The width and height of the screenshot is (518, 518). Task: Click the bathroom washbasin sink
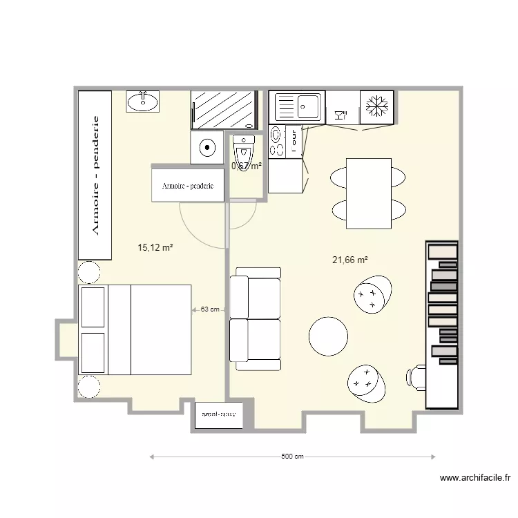pos(143,102)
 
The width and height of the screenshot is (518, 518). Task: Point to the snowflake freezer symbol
pos(376,107)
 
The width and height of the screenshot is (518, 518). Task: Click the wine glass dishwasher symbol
pos(340,115)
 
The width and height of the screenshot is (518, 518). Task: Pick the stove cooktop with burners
pos(277,141)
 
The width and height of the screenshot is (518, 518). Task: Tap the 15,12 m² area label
pos(155,247)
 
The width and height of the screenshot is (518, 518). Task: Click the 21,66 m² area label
pos(349,260)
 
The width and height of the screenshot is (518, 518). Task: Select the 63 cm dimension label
pos(210,309)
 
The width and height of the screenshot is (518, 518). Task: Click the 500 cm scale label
pos(292,457)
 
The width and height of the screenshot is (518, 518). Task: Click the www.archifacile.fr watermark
pos(474,477)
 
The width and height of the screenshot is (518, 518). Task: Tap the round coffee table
pos(328,336)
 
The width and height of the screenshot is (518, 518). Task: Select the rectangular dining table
pos(368,193)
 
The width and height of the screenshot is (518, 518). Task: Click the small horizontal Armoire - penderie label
pos(188,186)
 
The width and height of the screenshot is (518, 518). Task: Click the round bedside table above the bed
pos(89,272)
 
